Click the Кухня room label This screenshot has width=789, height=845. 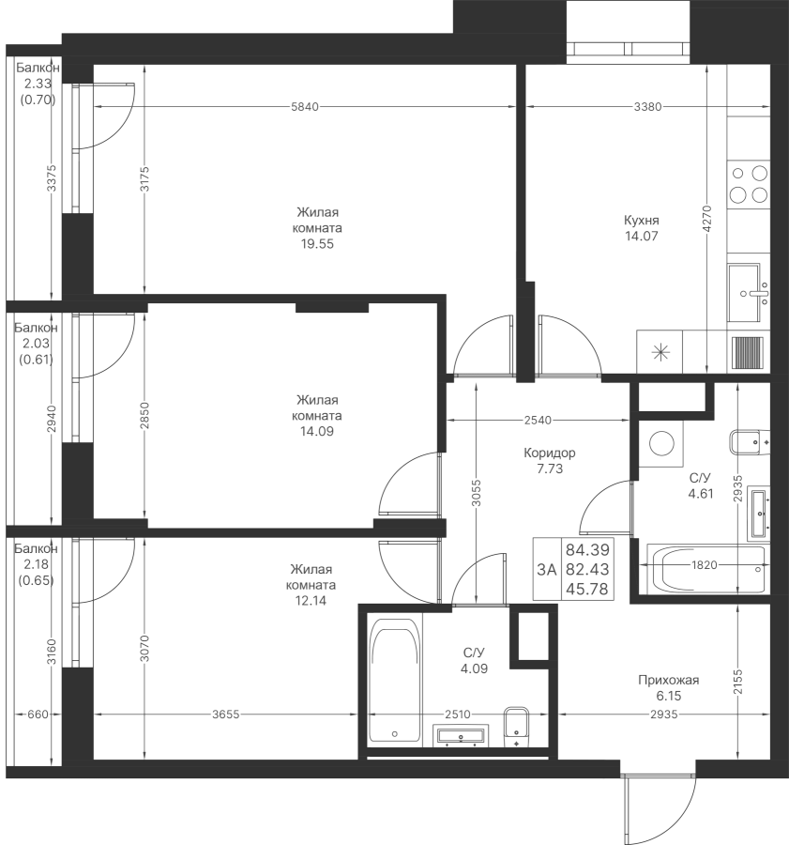641,221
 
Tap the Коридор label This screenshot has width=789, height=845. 550,453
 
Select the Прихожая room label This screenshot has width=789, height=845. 668,680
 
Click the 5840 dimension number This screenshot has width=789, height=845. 305,107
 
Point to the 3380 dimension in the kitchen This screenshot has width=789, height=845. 647,107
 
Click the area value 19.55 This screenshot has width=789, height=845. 317,244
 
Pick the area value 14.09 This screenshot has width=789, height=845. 317,432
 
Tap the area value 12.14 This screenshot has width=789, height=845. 311,601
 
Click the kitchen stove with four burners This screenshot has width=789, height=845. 748,184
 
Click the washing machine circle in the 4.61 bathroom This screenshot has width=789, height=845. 662,443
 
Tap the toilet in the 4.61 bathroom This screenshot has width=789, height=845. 750,442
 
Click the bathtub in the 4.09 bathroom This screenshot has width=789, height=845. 395,683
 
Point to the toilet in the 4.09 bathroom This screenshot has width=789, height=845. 517,727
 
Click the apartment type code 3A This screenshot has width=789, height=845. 547,569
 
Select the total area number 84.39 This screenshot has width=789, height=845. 587,549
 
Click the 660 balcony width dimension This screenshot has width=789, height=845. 38,714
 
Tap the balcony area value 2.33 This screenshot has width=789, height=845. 38,84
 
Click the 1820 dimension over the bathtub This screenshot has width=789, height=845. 705,565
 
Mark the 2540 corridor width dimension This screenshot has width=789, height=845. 538,421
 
